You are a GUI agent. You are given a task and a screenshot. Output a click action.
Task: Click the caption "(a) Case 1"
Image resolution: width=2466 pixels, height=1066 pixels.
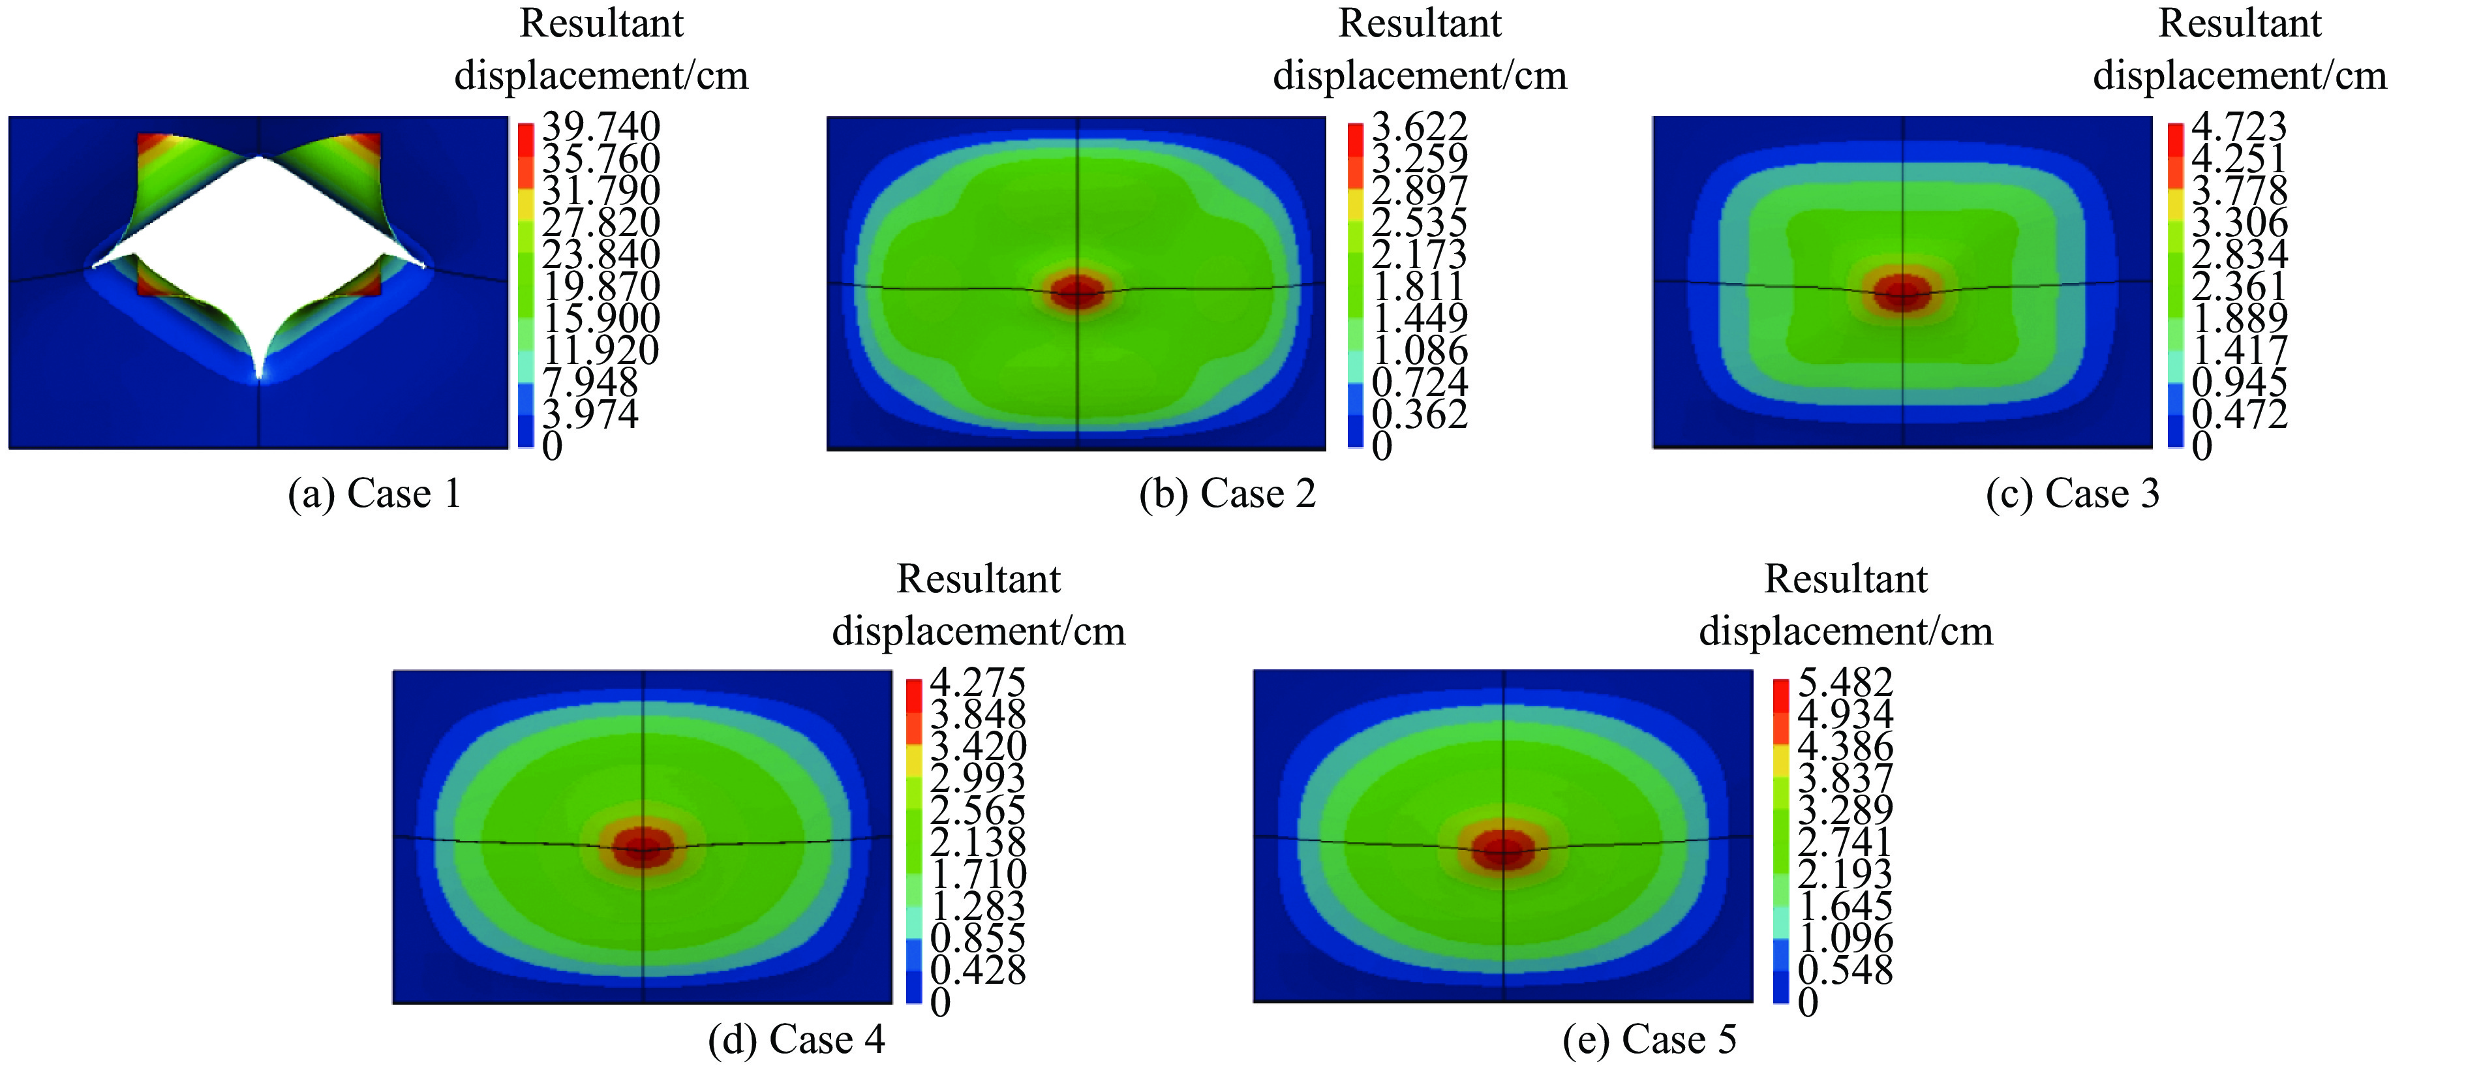coord(374,494)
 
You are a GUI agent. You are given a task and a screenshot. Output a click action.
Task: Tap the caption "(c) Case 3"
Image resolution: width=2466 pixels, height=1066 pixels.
coord(2073,494)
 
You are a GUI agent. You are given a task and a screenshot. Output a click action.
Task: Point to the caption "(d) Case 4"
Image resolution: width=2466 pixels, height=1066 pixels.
coord(797,1039)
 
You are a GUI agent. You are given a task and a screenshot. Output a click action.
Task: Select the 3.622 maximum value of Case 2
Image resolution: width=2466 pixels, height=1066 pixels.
coord(1420,127)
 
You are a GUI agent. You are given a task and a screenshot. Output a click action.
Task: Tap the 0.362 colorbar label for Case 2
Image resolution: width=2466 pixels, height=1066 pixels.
coord(1420,414)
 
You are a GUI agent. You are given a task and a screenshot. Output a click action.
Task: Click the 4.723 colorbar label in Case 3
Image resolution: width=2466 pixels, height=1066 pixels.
coord(2239,127)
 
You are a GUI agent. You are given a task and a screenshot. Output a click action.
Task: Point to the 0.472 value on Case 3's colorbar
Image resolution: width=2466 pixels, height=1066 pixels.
coord(2239,414)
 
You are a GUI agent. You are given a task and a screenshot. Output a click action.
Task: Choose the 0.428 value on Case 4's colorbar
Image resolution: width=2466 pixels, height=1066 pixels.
coord(977,969)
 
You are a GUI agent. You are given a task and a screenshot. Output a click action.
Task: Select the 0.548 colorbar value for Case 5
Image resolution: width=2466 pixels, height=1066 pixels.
coord(1845,969)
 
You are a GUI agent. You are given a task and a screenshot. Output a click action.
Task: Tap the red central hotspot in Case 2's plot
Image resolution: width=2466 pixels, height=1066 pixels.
coord(1078,292)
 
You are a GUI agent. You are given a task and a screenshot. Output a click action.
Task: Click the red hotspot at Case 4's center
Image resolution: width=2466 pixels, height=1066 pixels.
coord(643,847)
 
